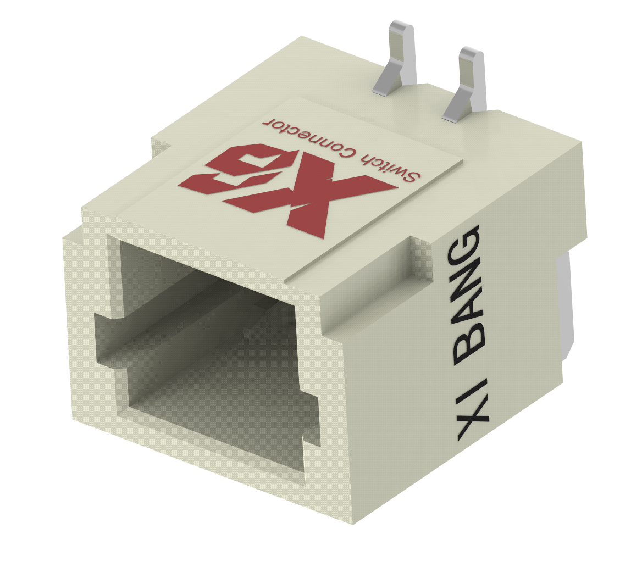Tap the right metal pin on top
(x=468, y=82)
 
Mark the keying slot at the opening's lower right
(x=311, y=429)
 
